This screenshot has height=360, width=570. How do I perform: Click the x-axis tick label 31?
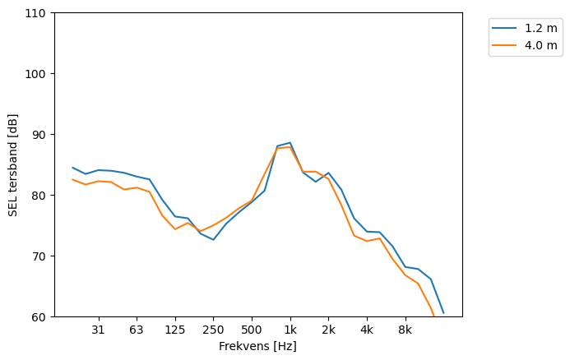tap(98, 330)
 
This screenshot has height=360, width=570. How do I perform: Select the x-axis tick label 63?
tap(137, 330)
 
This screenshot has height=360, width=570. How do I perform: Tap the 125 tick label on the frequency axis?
tap(175, 330)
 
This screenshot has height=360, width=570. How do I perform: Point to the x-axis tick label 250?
tap(213, 330)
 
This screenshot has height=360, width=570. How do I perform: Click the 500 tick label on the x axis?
tap(252, 330)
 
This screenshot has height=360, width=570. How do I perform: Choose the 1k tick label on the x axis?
tap(290, 330)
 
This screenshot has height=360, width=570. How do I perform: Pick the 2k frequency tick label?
tap(328, 330)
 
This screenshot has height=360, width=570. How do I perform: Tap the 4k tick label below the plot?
tap(367, 330)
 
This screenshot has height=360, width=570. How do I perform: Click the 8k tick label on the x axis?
tap(405, 330)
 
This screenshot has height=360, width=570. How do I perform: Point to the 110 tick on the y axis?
tap(38, 13)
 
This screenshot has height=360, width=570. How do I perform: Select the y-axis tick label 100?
tap(38, 74)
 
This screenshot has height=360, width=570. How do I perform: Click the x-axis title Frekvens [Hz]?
tap(257, 347)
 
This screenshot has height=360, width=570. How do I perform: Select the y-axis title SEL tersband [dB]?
tap(12, 164)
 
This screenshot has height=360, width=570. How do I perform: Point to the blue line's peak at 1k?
tap(290, 143)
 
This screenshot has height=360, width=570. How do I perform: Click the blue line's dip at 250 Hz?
tap(213, 239)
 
